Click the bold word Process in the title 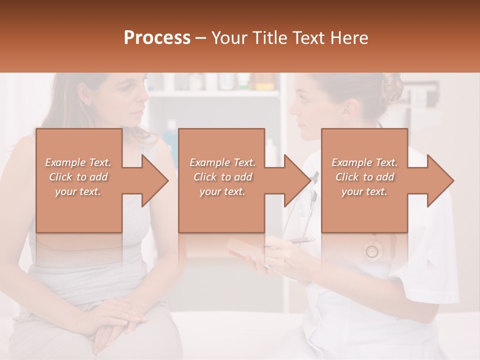157,38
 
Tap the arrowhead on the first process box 155,181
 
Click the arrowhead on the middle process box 297,181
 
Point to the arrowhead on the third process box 440,181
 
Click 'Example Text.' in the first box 78,162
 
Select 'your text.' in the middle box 222,191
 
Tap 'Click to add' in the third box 364,177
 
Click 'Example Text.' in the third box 364,162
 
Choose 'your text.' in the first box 78,191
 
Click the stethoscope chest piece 372,250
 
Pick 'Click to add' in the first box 78,177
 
